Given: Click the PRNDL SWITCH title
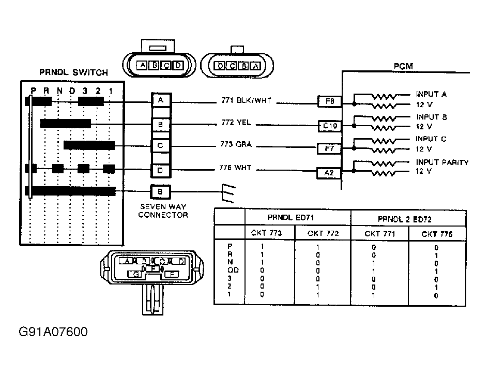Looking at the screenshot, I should click(x=73, y=72).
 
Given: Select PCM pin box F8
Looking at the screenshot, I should click(x=329, y=102).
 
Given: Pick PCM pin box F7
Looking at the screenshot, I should click(x=329, y=148).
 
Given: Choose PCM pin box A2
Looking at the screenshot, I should click(x=329, y=173).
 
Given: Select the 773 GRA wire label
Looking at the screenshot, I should click(x=236, y=144).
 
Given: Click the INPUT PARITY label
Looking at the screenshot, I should click(x=442, y=162).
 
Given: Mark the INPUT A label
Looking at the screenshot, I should click(x=431, y=95).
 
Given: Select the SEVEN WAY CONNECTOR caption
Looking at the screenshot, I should click(x=163, y=211).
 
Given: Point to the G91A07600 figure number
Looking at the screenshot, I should click(x=53, y=332).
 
